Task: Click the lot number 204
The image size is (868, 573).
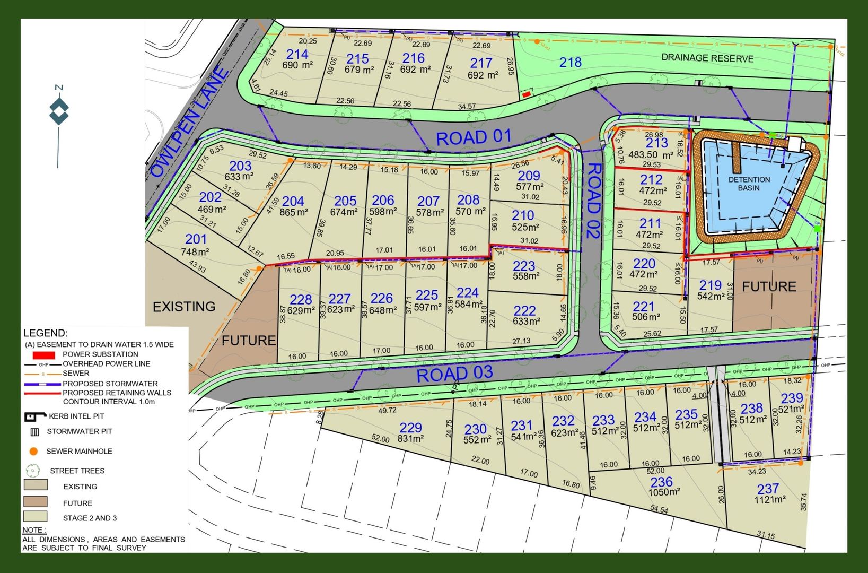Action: (293, 201)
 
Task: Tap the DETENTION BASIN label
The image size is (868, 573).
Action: (749, 184)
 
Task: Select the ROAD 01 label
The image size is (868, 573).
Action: (474, 137)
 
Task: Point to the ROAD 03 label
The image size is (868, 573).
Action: (454, 374)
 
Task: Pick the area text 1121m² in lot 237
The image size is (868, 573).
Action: (770, 500)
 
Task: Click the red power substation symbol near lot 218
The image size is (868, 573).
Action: (526, 94)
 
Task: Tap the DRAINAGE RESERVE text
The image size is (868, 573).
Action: (707, 58)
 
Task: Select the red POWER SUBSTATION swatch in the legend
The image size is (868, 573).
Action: (43, 354)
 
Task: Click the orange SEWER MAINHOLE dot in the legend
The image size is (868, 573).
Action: (33, 452)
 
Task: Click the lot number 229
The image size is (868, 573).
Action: (410, 427)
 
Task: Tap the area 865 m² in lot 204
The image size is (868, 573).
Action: (294, 212)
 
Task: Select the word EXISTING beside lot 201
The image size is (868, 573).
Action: (184, 307)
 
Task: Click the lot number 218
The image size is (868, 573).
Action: (571, 63)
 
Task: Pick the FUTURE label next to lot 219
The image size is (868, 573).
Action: (769, 286)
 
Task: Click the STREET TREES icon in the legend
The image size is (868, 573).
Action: (33, 471)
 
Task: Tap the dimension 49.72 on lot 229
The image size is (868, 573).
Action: (387, 410)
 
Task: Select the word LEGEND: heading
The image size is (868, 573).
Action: (46, 333)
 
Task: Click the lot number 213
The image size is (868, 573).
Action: (656, 143)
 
